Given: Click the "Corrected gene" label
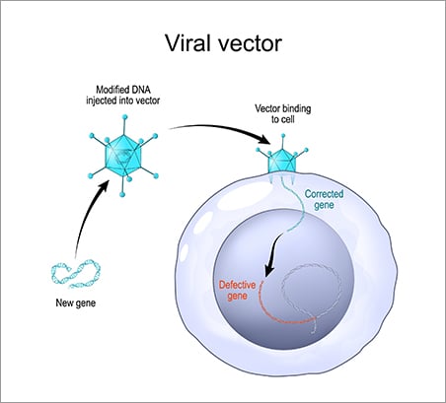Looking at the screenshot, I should point(326,201).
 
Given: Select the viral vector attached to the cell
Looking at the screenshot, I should point(283,161).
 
